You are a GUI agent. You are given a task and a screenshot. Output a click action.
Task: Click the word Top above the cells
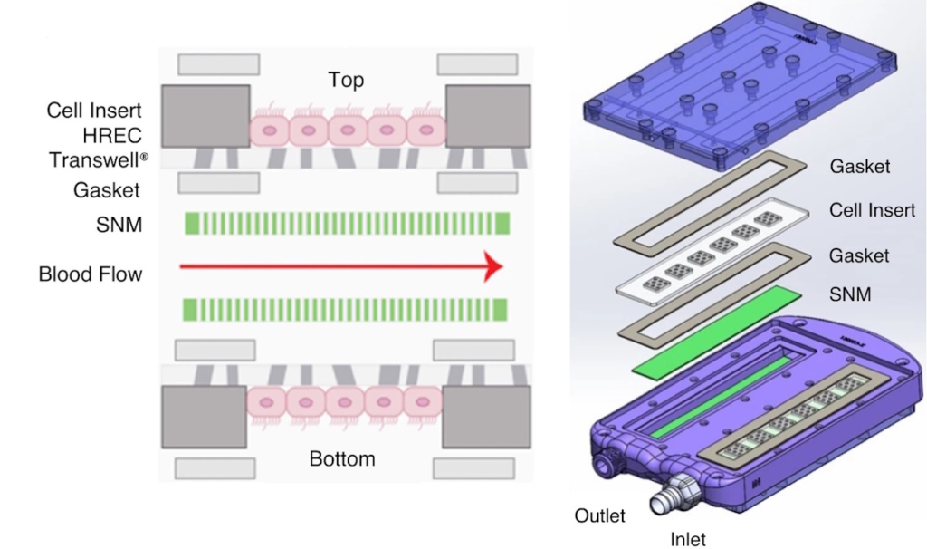[346, 81]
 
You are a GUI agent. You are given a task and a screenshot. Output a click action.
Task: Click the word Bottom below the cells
[342, 459]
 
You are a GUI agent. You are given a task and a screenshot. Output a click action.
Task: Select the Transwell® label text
[99, 159]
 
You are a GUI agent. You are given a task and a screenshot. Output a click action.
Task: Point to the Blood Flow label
[91, 274]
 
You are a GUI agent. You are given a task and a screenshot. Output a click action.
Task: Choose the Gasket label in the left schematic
[107, 191]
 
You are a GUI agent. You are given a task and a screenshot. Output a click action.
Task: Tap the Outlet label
[600, 515]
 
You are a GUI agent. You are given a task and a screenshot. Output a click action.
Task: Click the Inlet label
[688, 539]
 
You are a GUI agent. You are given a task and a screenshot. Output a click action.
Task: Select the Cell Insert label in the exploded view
[873, 210]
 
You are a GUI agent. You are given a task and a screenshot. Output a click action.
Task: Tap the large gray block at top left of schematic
[205, 115]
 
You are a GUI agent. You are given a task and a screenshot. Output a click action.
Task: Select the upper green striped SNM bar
[348, 223]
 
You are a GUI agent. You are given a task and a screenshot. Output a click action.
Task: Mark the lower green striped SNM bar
[348, 309]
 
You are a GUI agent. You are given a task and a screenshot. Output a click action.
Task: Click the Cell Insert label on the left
[95, 111]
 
